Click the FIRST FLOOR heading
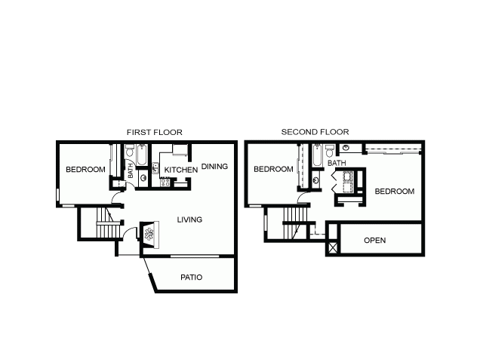pyautogui.click(x=154, y=133)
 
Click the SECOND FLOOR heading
pyautogui.click(x=315, y=132)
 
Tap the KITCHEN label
pyautogui.click(x=181, y=170)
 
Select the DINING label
pyautogui.click(x=214, y=167)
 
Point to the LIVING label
pyautogui.click(x=189, y=219)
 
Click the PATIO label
pyautogui.click(x=191, y=278)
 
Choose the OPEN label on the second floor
pyautogui.click(x=374, y=241)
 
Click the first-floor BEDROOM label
pyautogui.click(x=85, y=170)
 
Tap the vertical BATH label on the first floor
pyautogui.click(x=131, y=171)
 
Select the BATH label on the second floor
pyautogui.click(x=337, y=163)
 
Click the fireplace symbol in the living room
pyautogui.click(x=149, y=235)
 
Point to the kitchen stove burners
pyautogui.click(x=165, y=183)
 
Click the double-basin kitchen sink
pyautogui.click(x=155, y=168)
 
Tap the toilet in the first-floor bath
pyautogui.click(x=129, y=151)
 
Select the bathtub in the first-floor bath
pyautogui.click(x=142, y=155)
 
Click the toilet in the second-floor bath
pyautogui.click(x=329, y=151)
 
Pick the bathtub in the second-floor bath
pyautogui.click(x=317, y=155)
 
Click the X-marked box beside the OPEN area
pyautogui.click(x=333, y=248)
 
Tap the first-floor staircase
pyautogui.click(x=108, y=222)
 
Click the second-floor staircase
pyautogui.click(x=296, y=223)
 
